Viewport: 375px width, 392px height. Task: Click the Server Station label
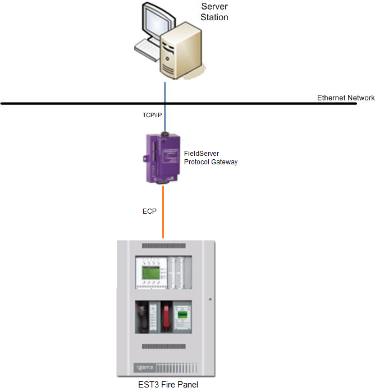click(214, 12)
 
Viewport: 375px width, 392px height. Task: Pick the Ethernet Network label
click(345, 98)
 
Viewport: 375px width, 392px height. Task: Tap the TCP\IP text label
click(152, 114)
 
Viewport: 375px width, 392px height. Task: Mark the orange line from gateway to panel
click(163, 213)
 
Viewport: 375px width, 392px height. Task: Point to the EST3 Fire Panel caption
click(167, 385)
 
